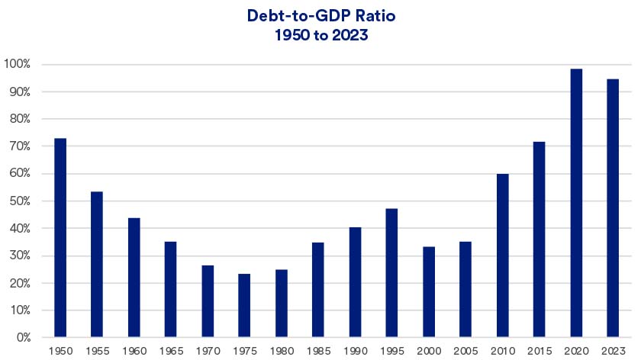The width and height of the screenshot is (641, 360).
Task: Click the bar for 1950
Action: [60, 237]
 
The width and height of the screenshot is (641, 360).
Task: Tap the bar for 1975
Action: [244, 305]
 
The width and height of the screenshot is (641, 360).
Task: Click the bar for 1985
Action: [318, 289]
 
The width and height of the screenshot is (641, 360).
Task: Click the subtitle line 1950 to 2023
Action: [320, 34]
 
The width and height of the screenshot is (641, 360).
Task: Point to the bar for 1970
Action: [208, 301]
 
